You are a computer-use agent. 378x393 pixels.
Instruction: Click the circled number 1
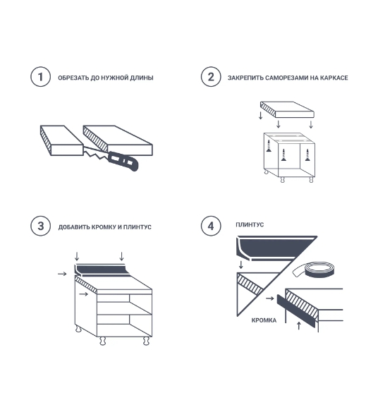[x=41, y=77]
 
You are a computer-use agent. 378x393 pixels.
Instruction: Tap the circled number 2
[x=211, y=77]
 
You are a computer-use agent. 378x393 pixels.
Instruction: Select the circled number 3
[x=41, y=226]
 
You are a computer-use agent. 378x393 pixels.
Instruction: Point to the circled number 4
[x=211, y=226]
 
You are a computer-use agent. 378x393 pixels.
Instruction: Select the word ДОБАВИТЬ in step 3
[x=74, y=227]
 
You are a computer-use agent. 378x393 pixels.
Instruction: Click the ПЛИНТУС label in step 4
[x=250, y=224]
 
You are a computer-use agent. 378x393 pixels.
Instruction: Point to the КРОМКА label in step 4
[x=264, y=320]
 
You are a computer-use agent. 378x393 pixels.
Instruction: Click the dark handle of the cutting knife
[x=123, y=161]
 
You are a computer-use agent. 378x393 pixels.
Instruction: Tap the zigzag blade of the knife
[x=96, y=153]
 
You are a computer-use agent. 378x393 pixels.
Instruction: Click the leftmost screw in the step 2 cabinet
[x=269, y=146]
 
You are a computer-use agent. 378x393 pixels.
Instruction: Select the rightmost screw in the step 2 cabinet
[x=307, y=155]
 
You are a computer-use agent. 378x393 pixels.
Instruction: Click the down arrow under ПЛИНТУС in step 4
[x=241, y=265]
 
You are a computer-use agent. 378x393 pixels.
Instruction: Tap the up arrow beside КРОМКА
[x=298, y=326]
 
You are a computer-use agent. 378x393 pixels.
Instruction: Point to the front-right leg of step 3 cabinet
[x=146, y=341]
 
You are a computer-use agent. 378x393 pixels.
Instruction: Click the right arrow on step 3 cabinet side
[x=84, y=294]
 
